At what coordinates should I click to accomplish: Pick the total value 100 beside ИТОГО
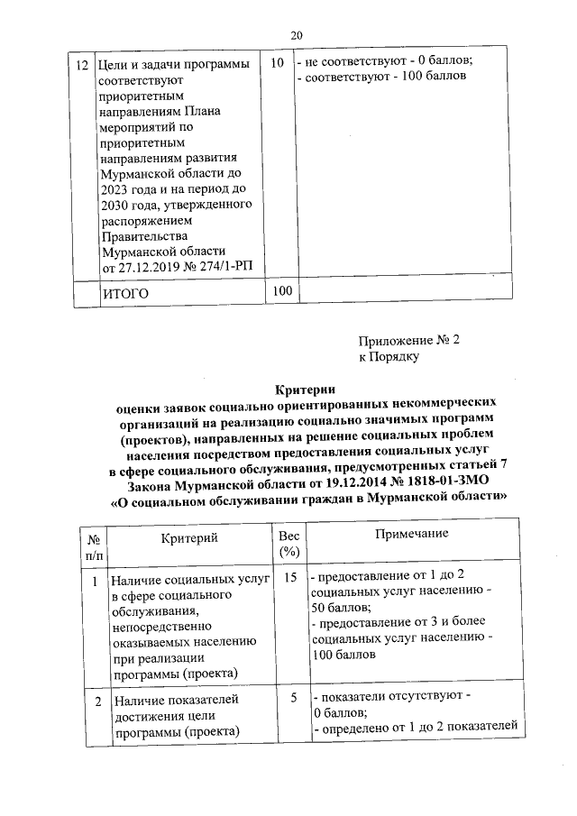click(282, 291)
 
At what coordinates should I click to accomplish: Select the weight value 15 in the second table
click(289, 577)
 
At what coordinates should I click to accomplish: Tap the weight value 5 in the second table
click(293, 697)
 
